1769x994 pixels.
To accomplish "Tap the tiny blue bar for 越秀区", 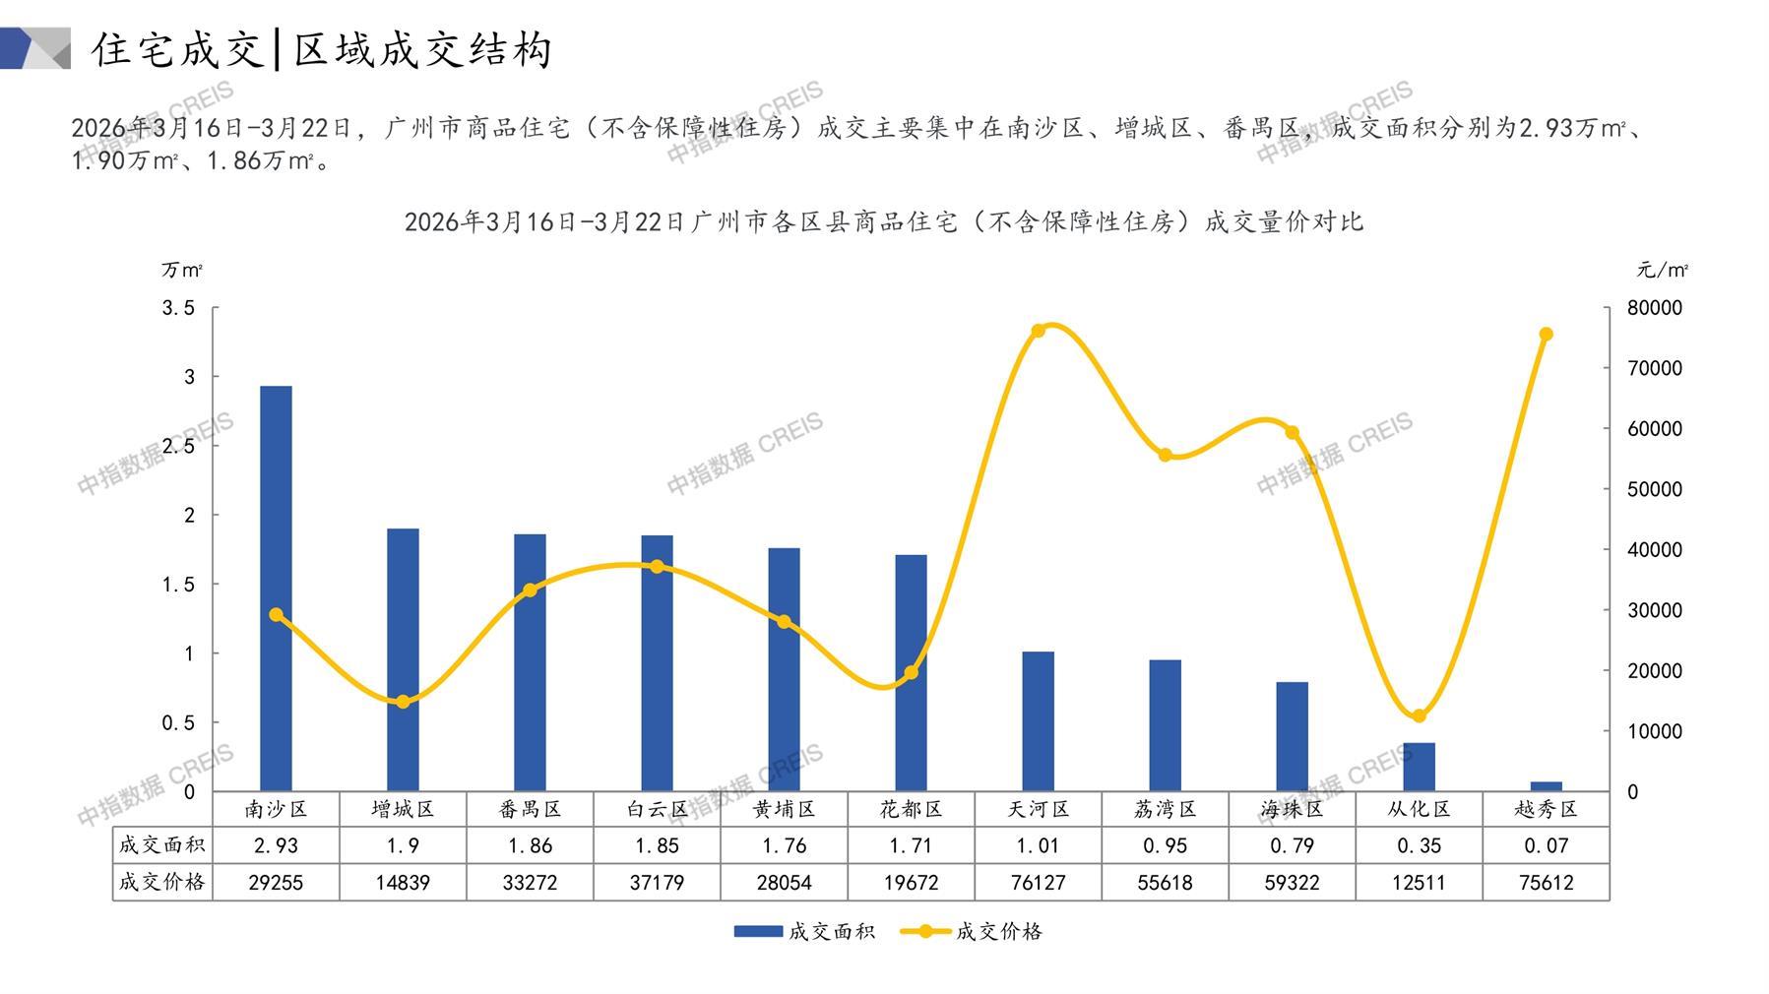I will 1546,785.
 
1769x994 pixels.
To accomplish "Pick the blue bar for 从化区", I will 1419,767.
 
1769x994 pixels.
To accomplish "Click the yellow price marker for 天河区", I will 1038,331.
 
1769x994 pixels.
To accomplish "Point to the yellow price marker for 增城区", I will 403,702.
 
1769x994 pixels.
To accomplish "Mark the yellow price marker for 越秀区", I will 1546,335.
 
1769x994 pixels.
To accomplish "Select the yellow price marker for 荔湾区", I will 1166,456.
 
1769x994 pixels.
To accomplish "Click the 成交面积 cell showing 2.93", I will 276,845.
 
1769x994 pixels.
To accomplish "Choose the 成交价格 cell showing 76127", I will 1038,883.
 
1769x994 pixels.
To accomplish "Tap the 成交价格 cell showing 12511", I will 1419,883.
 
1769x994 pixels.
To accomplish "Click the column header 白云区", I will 657,809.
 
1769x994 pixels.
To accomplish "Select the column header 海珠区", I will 1292,809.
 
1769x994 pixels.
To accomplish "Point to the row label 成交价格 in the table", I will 161,883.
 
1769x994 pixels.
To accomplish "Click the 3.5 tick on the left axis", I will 178,308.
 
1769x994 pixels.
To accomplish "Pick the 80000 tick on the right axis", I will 1655,308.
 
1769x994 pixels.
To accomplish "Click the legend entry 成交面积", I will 804,931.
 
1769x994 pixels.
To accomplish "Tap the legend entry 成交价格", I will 973,931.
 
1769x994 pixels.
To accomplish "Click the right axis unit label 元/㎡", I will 1663,270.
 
